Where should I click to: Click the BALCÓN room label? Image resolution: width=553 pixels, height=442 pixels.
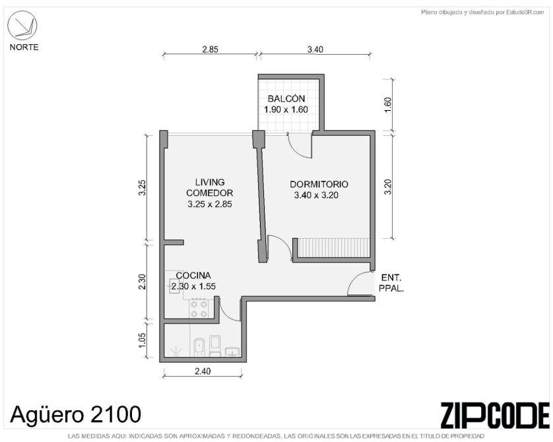(286, 98)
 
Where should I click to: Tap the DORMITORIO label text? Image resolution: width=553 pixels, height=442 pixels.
(319, 184)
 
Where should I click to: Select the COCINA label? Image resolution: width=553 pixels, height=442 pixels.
(193, 275)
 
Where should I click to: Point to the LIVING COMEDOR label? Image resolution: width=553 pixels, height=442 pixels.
(209, 187)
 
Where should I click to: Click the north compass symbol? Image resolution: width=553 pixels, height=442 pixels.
(22, 25)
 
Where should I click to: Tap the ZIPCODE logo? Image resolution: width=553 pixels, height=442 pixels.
(495, 415)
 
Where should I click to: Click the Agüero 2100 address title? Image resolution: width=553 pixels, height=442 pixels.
(75, 414)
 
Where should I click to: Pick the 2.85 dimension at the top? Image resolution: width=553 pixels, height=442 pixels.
(210, 49)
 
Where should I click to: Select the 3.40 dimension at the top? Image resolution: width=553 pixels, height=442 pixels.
(315, 49)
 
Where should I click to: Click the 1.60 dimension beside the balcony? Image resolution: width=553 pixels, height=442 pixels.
(387, 105)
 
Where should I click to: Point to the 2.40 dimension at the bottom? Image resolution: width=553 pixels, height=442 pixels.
(203, 371)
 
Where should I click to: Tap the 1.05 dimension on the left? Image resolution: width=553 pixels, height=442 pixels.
(142, 340)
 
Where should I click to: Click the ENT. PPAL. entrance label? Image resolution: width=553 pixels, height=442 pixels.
(391, 283)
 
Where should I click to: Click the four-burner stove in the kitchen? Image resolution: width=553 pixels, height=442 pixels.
(199, 309)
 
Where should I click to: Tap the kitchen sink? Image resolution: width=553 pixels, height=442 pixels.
(175, 286)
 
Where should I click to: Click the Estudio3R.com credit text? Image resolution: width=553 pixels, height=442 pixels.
(483, 13)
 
